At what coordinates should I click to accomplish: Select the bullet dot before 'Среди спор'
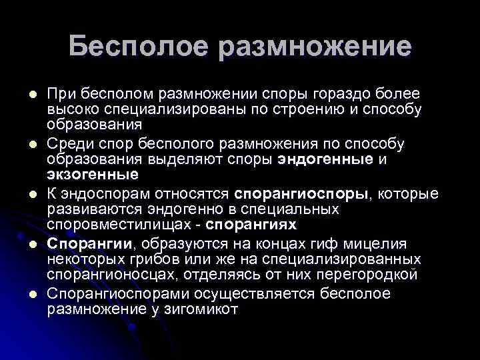pyautogui.click(x=40, y=144)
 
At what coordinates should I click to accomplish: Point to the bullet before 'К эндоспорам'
pyautogui.click(x=40, y=194)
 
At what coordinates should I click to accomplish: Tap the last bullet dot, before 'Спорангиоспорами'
pyautogui.click(x=40, y=295)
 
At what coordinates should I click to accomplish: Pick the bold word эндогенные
pyautogui.click(x=316, y=159)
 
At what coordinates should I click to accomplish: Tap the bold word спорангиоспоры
pyautogui.click(x=306, y=194)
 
